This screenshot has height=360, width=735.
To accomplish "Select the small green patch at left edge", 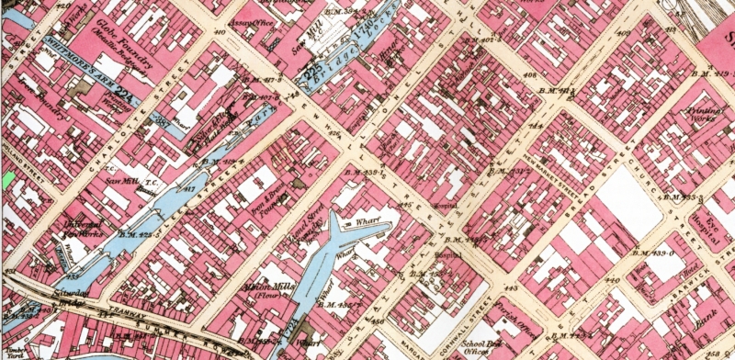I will tap(8, 179).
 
